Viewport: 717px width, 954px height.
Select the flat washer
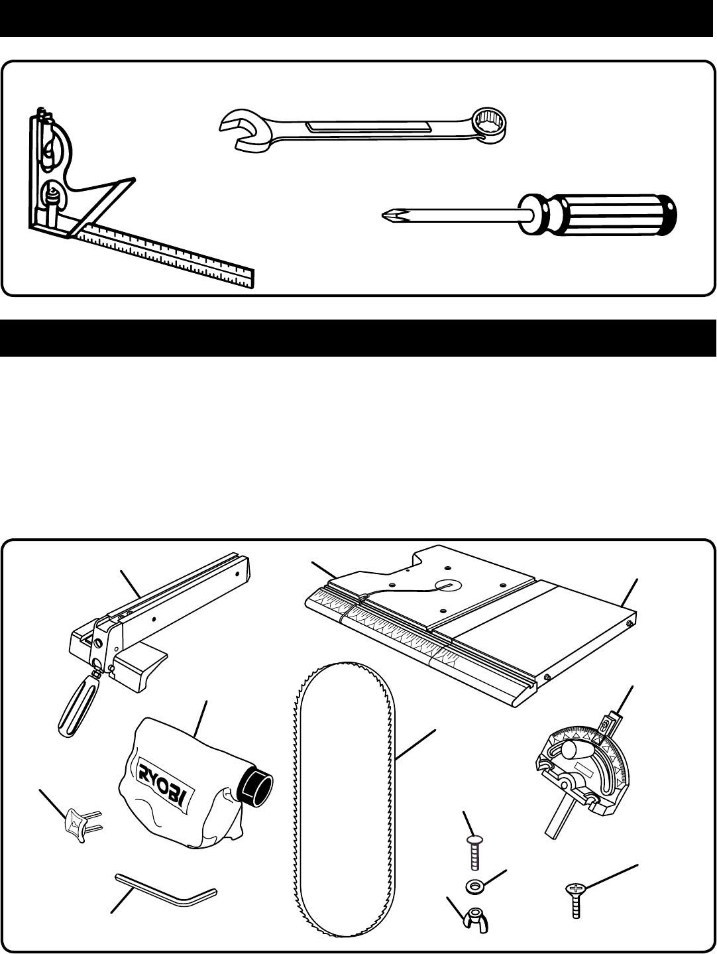click(475, 884)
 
